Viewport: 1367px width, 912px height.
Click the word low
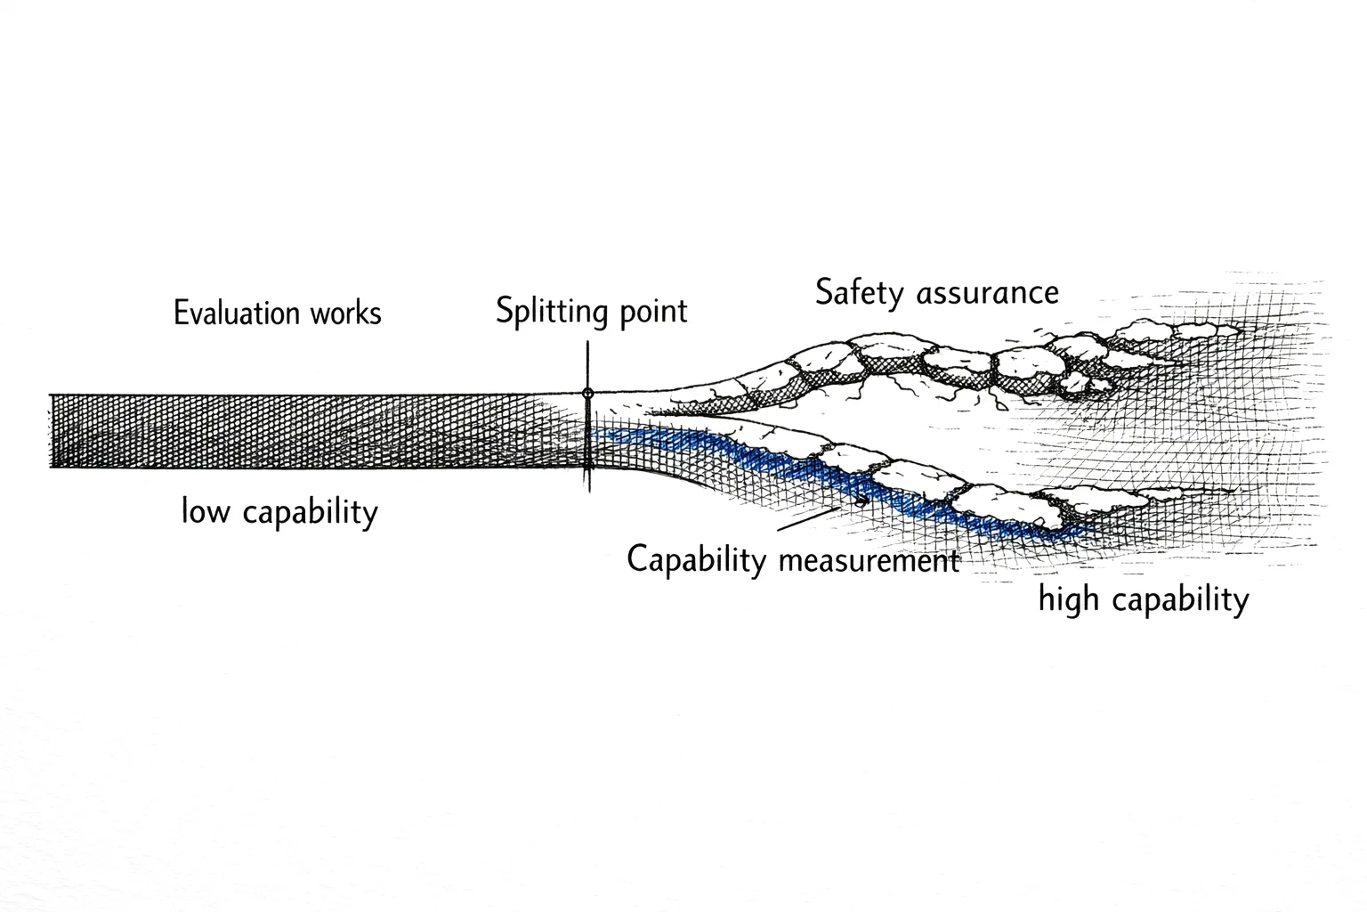click(x=205, y=511)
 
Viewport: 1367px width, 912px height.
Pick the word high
click(x=1068, y=599)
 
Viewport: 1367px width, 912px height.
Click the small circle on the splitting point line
click(x=587, y=393)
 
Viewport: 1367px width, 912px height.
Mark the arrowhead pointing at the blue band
click(x=861, y=502)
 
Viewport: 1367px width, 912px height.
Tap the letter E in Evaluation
click(x=180, y=313)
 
